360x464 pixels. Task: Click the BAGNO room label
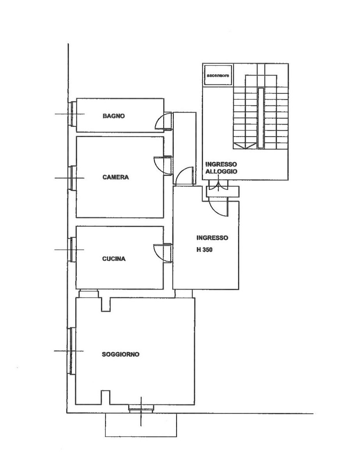pyautogui.click(x=113, y=116)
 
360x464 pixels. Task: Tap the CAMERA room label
pyautogui.click(x=116, y=177)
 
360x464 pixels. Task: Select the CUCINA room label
pyautogui.click(x=114, y=259)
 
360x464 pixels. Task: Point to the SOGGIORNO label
pyautogui.click(x=121, y=354)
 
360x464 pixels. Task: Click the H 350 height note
pyautogui.click(x=205, y=250)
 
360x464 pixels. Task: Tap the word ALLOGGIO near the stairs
pyautogui.click(x=221, y=172)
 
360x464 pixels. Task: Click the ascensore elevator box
pyautogui.click(x=218, y=75)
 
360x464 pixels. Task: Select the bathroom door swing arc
pyautogui.click(x=163, y=121)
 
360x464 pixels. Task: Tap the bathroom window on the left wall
pyautogui.click(x=72, y=114)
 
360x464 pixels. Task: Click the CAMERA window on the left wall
pyautogui.click(x=72, y=178)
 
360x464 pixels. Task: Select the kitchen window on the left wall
pyautogui.click(x=72, y=250)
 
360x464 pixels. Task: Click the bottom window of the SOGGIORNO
pyautogui.click(x=141, y=408)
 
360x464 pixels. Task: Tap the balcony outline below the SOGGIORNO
pyautogui.click(x=141, y=425)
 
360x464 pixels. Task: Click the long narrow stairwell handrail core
pyautogui.click(x=260, y=118)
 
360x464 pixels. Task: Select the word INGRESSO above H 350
pyautogui.click(x=212, y=238)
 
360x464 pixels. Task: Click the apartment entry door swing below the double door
pyautogui.click(x=219, y=207)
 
